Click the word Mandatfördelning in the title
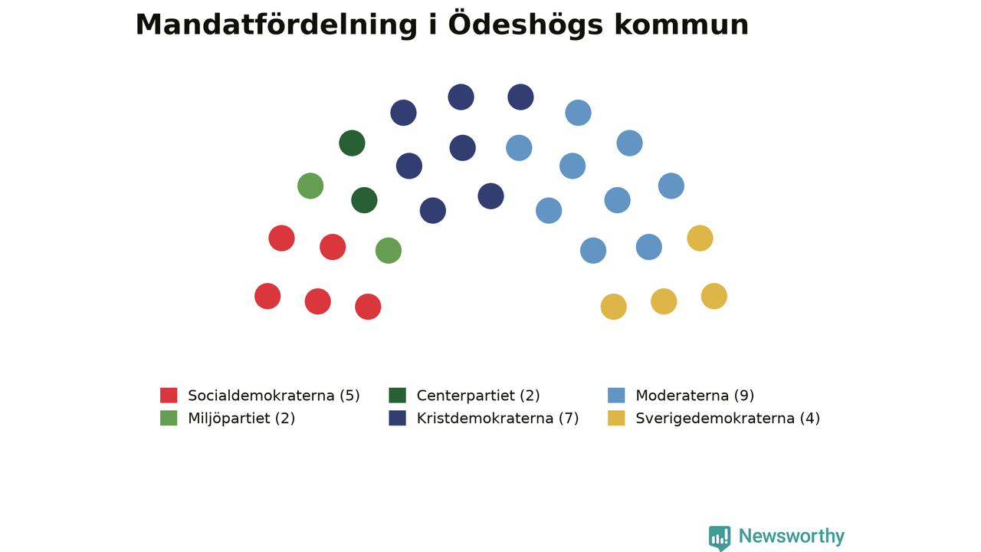click(277, 25)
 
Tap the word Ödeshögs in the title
click(526, 25)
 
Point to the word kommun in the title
click(681, 25)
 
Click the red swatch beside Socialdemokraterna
click(169, 395)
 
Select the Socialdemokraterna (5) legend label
click(274, 396)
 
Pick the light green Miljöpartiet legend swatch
click(169, 418)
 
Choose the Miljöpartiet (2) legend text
click(241, 419)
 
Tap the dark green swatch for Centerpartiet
click(397, 395)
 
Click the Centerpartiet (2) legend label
click(478, 396)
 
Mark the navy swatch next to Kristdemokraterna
click(397, 418)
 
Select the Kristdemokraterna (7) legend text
click(497, 419)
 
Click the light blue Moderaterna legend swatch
click(616, 395)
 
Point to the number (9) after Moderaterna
click(744, 396)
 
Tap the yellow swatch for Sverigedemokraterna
click(616, 418)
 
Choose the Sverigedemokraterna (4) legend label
click(727, 419)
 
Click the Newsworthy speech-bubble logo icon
click(720, 538)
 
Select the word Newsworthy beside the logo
click(792, 536)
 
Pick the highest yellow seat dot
click(700, 238)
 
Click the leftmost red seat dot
click(267, 296)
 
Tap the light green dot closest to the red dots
click(389, 251)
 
